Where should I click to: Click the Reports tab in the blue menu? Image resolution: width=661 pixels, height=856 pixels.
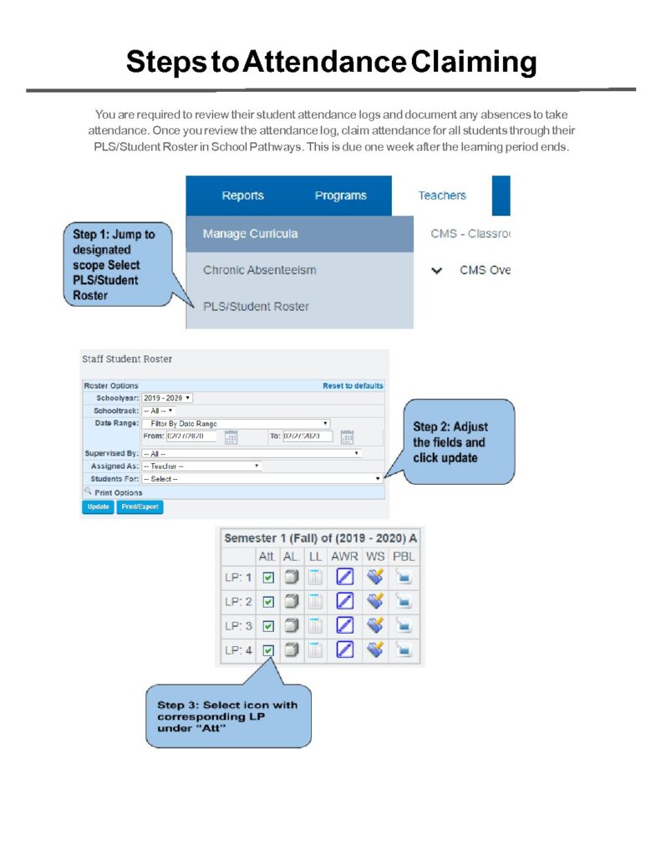coord(242,196)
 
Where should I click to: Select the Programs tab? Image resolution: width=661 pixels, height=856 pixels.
coord(340,196)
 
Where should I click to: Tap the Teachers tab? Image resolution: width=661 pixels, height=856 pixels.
coord(442,196)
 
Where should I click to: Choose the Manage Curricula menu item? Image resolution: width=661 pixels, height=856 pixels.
coord(250,234)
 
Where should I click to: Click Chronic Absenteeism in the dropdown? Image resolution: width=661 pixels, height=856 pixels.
coord(259,270)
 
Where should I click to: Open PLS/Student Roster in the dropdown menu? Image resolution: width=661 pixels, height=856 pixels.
coord(256,306)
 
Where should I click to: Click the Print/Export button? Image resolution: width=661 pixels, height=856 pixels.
coord(140,507)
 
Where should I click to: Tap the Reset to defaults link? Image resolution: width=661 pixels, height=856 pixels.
coord(353,385)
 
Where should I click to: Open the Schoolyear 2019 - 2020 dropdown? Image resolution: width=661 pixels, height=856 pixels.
coord(167,398)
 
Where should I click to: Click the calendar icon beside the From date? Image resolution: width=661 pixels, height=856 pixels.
coord(231,436)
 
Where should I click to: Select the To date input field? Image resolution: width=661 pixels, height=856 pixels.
coord(308,436)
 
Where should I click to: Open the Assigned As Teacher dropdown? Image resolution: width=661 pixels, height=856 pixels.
coord(201,466)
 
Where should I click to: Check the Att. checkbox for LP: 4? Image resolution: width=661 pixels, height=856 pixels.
coord(268,650)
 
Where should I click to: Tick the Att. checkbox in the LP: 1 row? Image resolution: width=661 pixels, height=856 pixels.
coord(268,577)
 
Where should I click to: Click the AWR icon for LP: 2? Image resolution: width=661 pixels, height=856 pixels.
coord(344,601)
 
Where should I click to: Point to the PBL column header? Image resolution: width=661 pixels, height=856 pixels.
coord(404,555)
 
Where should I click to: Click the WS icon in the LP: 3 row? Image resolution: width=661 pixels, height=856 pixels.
coord(374,625)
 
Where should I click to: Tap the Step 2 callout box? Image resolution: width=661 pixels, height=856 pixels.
coord(459,441)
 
